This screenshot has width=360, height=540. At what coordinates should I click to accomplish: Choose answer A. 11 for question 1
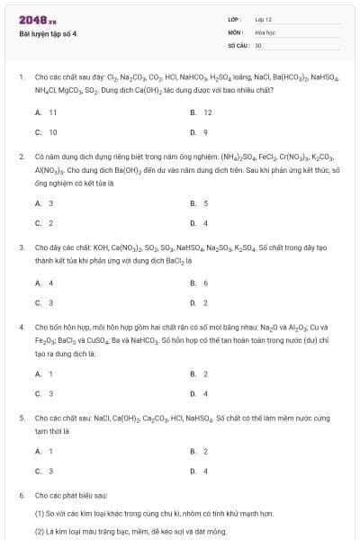46,112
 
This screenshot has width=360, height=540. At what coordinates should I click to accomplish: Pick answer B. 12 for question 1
201,112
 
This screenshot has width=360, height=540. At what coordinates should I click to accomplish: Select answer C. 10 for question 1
46,132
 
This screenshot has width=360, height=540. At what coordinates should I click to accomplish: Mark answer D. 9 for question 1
199,132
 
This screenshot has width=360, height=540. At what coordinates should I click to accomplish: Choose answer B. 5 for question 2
199,203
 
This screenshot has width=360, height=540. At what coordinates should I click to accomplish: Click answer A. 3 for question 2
44,203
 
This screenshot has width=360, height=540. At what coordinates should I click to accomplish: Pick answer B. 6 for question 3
199,283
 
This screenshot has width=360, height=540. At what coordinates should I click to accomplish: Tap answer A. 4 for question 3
44,283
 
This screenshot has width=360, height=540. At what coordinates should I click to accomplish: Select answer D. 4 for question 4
199,393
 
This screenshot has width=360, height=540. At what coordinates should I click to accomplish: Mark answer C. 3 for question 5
44,471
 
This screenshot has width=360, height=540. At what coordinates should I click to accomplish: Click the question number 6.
21,496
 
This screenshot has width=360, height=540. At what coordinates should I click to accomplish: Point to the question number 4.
21,328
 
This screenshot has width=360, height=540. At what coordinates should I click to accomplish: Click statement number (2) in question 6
40,531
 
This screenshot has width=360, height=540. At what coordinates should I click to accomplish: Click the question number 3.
21,247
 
